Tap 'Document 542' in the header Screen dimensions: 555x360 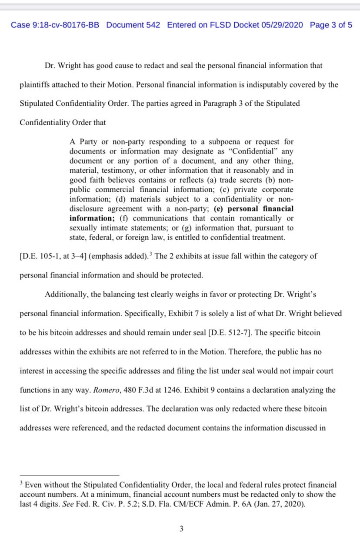(x=133, y=25)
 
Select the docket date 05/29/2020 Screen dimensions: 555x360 (x=282, y=25)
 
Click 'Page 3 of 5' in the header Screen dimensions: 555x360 (x=331, y=25)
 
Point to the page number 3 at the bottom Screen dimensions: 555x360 (x=181, y=529)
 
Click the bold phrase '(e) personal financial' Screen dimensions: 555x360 (x=254, y=209)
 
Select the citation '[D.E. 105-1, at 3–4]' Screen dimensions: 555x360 (x=53, y=256)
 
